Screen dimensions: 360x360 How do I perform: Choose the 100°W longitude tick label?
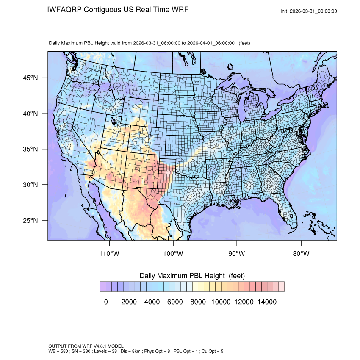point(173,254)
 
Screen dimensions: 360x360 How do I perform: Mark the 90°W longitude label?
point(237,254)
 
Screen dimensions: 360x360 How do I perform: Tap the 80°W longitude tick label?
point(301,254)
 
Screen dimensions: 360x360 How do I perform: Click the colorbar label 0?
point(106,302)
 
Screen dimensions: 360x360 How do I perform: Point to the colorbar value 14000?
point(267,302)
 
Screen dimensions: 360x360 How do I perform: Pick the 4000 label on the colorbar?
point(152,302)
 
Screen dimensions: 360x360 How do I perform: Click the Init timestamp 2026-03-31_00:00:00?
point(314,11)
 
